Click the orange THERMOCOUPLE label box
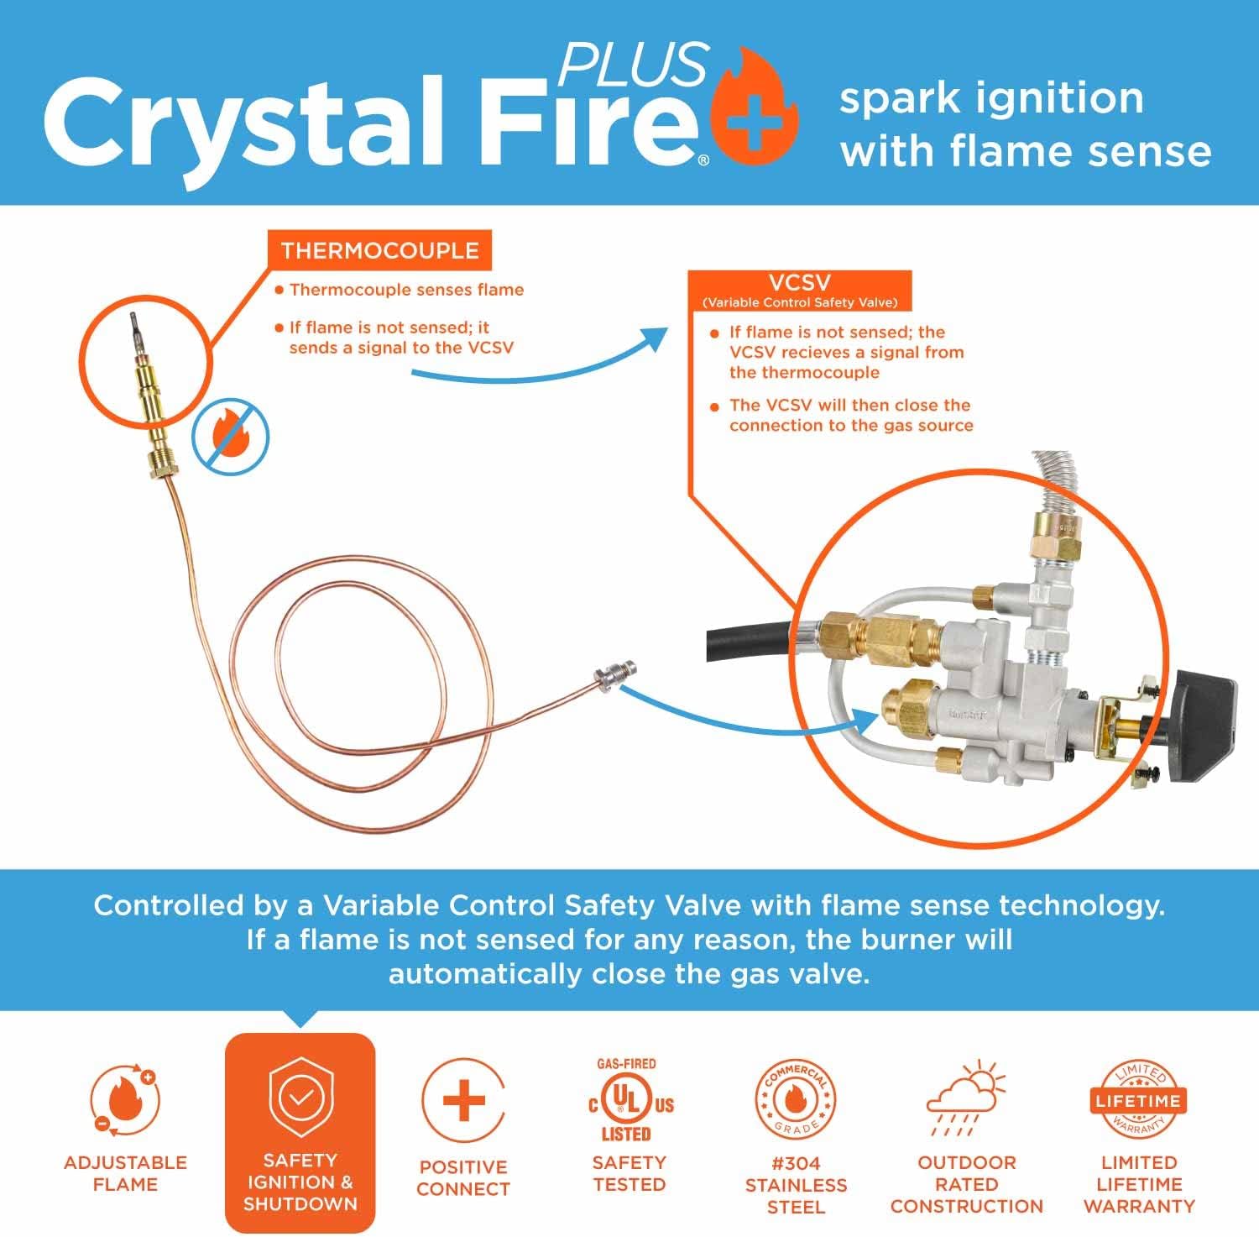tap(379, 250)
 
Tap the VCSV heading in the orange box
tap(799, 283)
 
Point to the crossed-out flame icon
tap(231, 438)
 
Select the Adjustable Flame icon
tap(125, 1101)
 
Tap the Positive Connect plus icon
tap(463, 1101)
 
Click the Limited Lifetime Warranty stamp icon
tap(1138, 1100)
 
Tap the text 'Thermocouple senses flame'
tap(406, 290)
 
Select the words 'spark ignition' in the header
tap(991, 98)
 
